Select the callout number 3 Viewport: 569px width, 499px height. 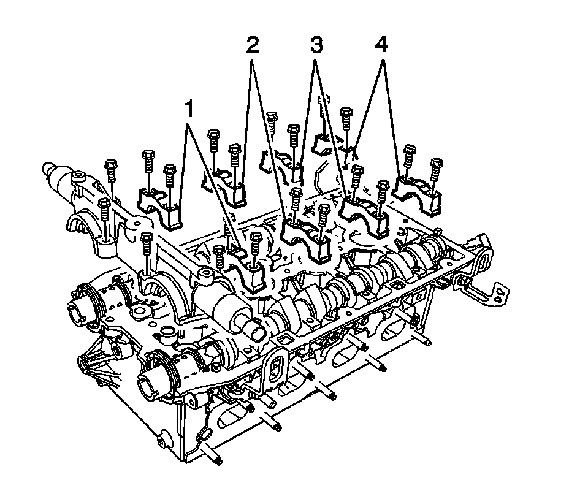pos(316,45)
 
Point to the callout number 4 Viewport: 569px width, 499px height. pos(381,45)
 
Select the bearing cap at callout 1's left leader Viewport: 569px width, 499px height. pos(159,207)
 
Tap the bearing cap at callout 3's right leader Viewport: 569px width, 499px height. pos(362,215)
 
